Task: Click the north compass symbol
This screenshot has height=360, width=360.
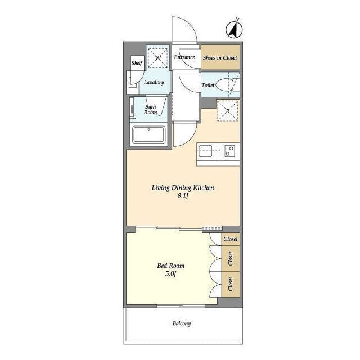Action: tap(234, 29)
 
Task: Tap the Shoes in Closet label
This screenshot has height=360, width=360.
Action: tap(220, 57)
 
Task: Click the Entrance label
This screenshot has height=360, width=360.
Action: tap(184, 57)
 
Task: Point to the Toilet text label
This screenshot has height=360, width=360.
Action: tap(208, 85)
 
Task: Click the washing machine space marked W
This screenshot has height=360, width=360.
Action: tap(157, 58)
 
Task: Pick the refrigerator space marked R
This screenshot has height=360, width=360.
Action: tap(227, 111)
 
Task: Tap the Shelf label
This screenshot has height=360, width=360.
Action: tap(137, 62)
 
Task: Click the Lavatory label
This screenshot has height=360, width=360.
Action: tap(154, 82)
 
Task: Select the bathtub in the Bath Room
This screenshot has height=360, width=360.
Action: tap(148, 135)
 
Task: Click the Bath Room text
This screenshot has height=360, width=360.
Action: tap(150, 110)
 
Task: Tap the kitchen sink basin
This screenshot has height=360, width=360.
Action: tap(205, 151)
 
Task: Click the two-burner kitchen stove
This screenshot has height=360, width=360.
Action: tap(229, 151)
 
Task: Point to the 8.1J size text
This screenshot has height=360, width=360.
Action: tap(183, 196)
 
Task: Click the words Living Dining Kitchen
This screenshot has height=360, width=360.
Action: tap(183, 187)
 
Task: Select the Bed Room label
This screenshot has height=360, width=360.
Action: tap(171, 265)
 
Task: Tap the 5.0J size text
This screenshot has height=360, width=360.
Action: tap(170, 273)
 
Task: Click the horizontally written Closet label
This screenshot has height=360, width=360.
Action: tap(231, 239)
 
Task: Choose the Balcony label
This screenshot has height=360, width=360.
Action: tap(182, 323)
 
